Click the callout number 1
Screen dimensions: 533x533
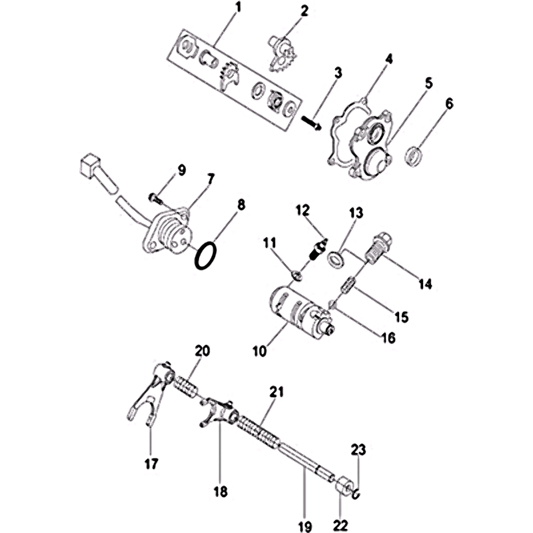tap(239, 7)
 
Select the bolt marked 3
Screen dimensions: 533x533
tap(311, 123)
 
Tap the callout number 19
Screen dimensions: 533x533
tap(305, 526)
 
